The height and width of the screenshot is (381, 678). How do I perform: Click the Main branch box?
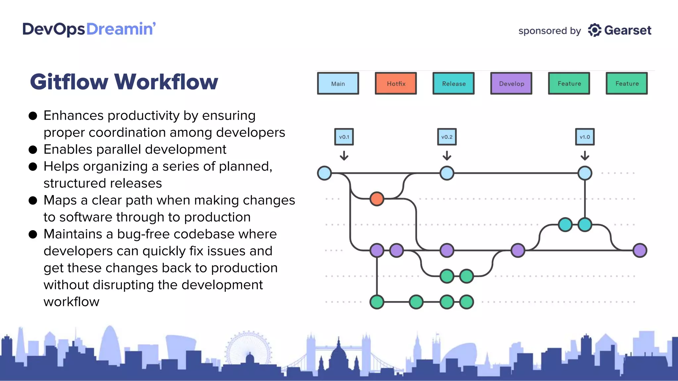click(338, 83)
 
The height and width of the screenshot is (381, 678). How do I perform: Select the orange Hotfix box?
click(396, 83)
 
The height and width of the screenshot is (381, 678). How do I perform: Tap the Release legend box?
click(453, 83)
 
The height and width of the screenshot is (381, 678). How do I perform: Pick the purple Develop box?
click(511, 83)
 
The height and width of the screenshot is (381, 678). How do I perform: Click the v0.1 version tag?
click(344, 137)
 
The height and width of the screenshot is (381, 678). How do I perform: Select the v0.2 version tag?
click(447, 137)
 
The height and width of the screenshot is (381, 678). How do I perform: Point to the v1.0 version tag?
click(585, 137)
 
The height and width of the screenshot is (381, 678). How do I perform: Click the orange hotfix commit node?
click(377, 199)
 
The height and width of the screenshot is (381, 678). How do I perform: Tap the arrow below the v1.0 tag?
click(585, 155)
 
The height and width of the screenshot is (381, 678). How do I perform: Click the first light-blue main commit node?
click(324, 173)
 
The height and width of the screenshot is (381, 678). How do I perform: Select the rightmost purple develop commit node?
click(640, 250)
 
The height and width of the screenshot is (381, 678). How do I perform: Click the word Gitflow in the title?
click(69, 82)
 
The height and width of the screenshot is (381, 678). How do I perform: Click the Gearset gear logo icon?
click(595, 30)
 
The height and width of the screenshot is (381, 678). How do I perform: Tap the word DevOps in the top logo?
click(54, 29)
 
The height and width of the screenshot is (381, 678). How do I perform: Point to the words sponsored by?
click(549, 31)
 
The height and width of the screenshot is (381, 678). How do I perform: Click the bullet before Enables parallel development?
click(33, 149)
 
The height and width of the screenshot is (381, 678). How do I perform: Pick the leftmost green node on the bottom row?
click(377, 302)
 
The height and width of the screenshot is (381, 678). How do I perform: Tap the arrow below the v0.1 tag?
click(344, 155)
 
